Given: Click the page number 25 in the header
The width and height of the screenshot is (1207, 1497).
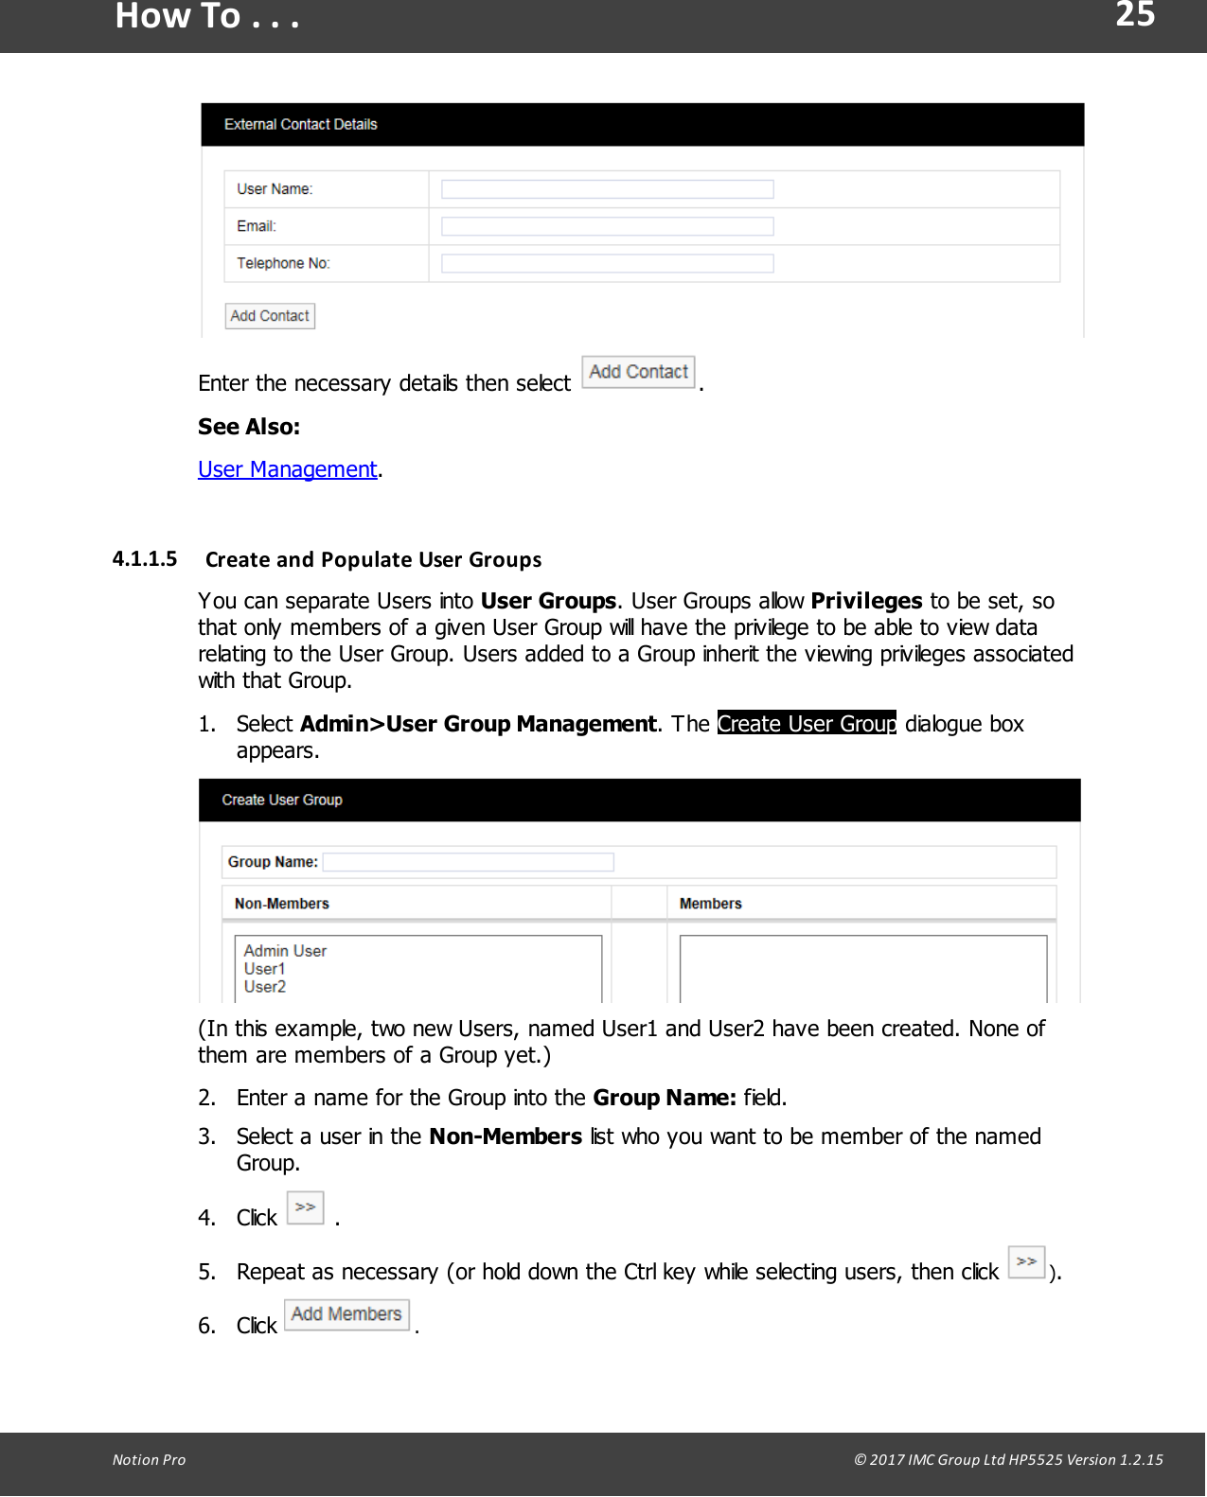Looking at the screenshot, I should [1134, 15].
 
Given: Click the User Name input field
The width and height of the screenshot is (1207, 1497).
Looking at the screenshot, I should [607, 189].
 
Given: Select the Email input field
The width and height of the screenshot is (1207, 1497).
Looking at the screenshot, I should [607, 226].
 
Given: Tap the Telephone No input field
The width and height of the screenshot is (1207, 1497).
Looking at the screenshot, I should [607, 263].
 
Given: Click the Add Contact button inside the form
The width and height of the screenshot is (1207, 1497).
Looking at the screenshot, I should [270, 316].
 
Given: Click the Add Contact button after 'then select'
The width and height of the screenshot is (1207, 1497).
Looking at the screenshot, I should [638, 372].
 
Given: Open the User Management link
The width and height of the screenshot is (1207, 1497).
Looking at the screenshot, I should [288, 469].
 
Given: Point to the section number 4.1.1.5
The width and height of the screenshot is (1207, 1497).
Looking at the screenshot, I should [145, 559].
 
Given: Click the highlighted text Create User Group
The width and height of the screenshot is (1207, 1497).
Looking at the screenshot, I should [807, 724].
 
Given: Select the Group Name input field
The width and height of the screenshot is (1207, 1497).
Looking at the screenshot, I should [468, 862].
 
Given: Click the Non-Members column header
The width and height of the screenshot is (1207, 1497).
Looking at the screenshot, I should [282, 904].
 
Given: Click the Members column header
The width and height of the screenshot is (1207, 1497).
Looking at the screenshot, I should [710, 904].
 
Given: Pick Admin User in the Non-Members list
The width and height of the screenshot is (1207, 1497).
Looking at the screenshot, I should [285, 951].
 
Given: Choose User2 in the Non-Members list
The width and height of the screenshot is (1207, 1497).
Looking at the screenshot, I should [265, 987].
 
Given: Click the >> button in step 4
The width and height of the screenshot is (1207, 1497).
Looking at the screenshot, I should [305, 1207].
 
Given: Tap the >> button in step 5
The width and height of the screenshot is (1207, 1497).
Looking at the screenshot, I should [1026, 1262].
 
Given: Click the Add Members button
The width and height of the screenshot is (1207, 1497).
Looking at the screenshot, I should [346, 1314].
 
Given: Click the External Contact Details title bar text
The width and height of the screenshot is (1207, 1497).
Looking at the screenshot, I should [300, 125].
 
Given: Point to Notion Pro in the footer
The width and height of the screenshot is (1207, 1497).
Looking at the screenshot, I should [149, 1460].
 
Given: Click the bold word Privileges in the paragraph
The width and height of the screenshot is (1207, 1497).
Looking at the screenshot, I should [866, 602].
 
